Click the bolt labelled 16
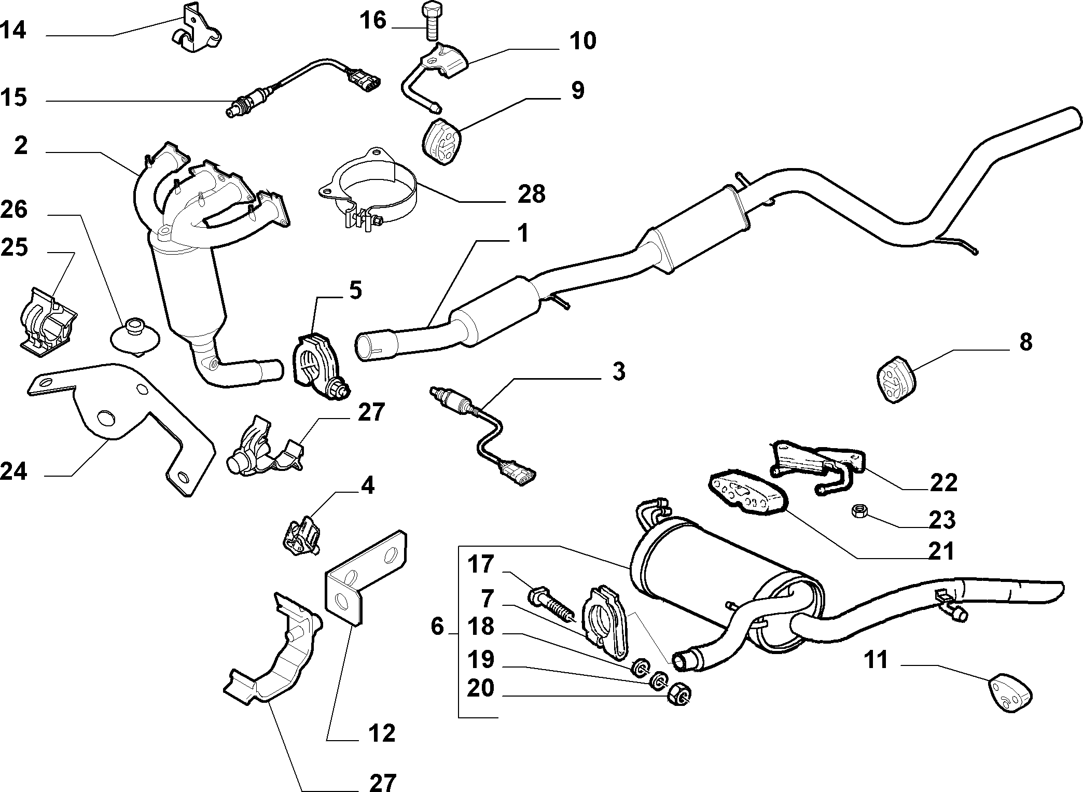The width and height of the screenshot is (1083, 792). tap(431, 21)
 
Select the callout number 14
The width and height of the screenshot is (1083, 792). tap(14, 31)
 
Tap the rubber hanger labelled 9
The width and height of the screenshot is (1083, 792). tap(441, 140)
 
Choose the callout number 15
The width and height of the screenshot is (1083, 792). tap(14, 98)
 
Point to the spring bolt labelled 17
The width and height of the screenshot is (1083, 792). tap(552, 607)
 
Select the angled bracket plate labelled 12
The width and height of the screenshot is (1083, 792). tap(366, 575)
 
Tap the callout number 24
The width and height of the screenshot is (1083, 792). tap(14, 472)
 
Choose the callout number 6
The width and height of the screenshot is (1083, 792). tap(437, 627)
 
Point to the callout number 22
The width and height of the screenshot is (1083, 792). tap(943, 482)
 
